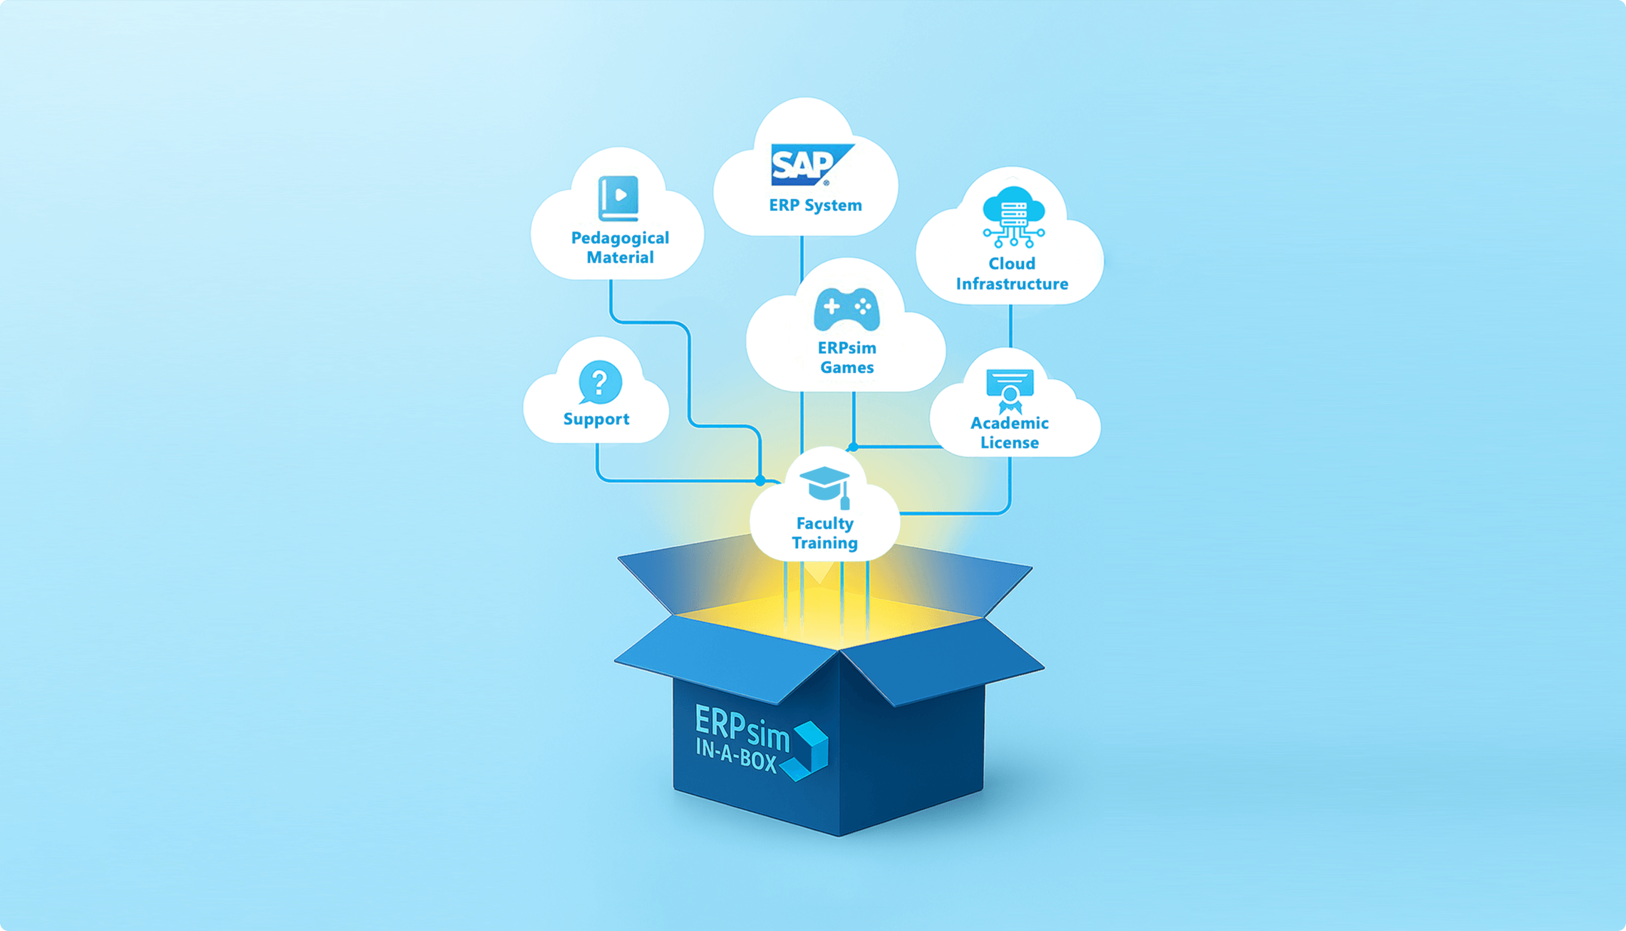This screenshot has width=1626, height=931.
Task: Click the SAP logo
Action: click(812, 165)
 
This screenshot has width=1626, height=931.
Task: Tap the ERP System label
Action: click(815, 205)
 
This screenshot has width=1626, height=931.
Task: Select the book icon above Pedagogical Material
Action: click(618, 198)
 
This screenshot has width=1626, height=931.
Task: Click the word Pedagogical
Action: click(620, 238)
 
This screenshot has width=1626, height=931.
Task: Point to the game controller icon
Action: click(846, 309)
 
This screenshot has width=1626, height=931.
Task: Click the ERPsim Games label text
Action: click(846, 358)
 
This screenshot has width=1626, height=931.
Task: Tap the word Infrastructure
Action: click(1012, 284)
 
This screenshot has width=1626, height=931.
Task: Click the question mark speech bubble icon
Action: click(599, 383)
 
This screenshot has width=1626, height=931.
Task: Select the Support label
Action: click(596, 419)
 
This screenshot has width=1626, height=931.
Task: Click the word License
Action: click(1009, 443)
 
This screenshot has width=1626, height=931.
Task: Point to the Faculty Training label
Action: click(824, 533)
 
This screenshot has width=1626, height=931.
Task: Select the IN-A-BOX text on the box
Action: click(735, 756)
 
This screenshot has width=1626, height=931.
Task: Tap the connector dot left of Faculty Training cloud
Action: click(760, 480)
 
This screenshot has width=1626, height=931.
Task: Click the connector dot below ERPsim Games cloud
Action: click(853, 447)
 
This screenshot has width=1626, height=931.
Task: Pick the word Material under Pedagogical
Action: click(620, 257)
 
